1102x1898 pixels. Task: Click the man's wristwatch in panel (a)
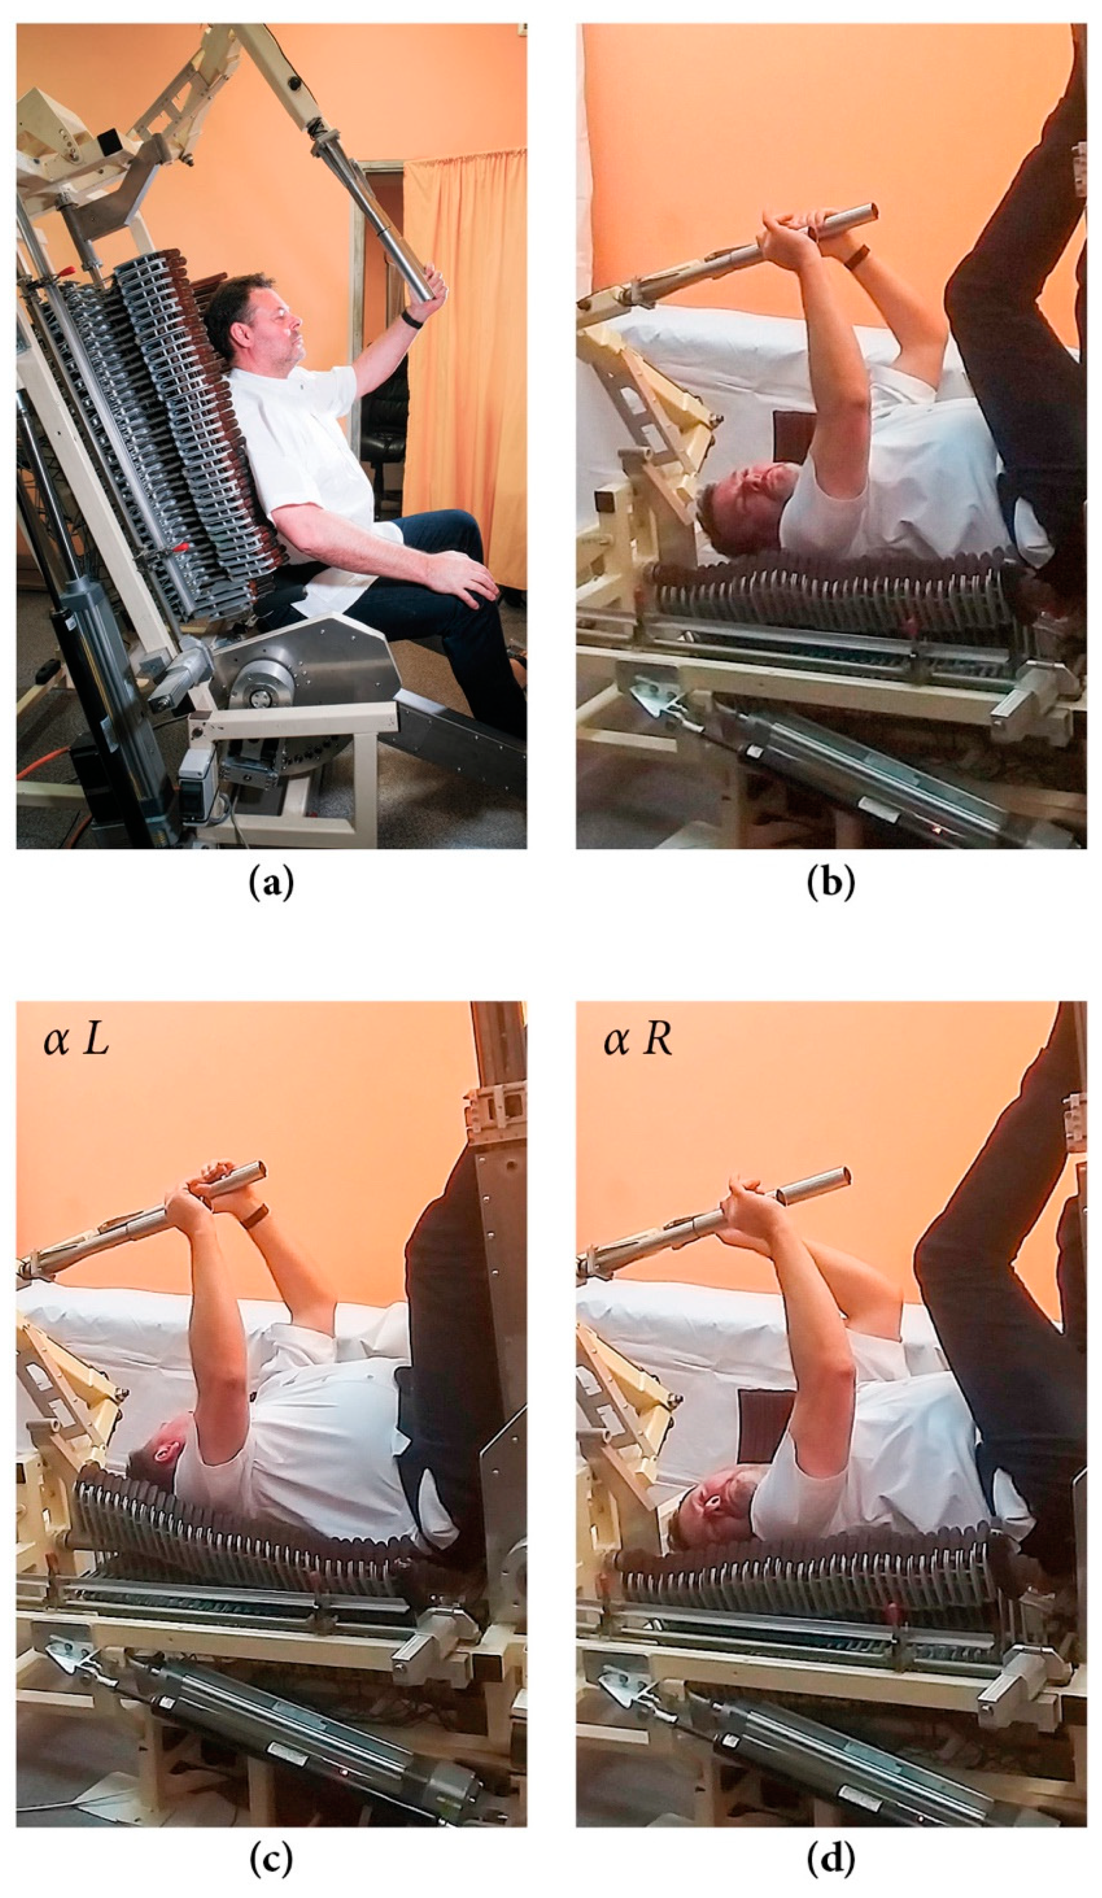[x=411, y=320]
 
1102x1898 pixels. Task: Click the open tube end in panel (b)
[x=869, y=212]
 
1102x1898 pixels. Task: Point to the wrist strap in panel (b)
[x=856, y=258]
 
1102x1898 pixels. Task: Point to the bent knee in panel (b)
[x=968, y=290]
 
